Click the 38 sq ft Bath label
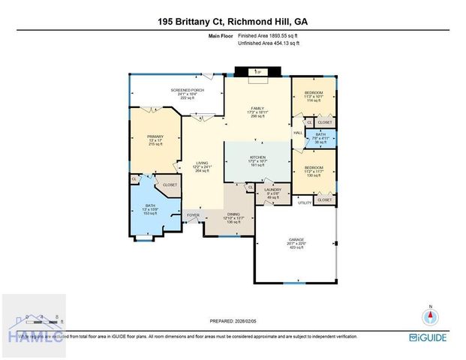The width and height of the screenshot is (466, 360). tap(320, 138)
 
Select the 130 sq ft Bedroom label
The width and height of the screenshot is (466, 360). tap(313, 171)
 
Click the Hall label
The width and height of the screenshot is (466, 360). tap(297, 133)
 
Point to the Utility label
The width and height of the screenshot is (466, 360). tap(304, 202)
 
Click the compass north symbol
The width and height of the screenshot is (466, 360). tap(430, 315)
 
